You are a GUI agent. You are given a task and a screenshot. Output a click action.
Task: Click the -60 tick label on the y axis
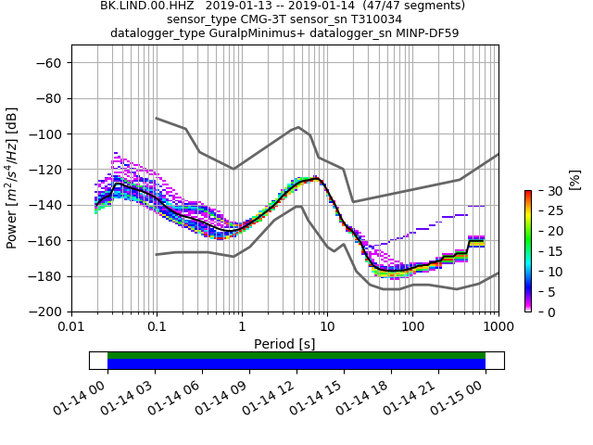pos(49,63)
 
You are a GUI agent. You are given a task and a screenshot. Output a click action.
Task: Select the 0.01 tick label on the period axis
pos(71,327)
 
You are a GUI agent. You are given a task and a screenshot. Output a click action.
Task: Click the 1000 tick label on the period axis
pos(498,327)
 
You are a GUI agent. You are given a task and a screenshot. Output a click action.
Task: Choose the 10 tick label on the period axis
pos(327,327)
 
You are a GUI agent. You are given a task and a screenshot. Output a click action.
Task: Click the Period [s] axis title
pos(284,344)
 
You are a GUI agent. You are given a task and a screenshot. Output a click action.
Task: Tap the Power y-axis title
pos(12,178)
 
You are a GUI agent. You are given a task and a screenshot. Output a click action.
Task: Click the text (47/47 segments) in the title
pos(413,6)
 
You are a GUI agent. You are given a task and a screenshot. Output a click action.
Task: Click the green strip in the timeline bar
pos(296,355)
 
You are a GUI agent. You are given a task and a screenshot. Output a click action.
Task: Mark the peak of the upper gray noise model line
pos(297,127)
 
